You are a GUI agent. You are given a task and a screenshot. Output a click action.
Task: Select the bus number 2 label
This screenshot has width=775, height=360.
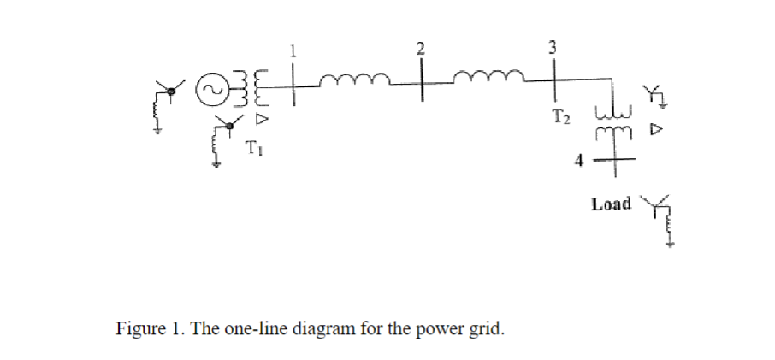click(421, 48)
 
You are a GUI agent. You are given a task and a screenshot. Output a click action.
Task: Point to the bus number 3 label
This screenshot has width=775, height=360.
click(553, 48)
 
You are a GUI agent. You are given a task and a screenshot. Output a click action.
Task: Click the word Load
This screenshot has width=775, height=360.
click(611, 204)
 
